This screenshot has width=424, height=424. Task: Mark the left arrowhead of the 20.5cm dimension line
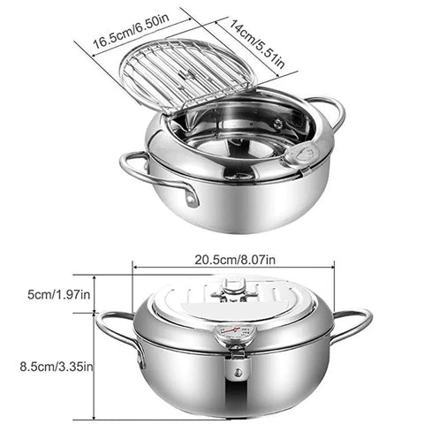pos(135,264)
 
